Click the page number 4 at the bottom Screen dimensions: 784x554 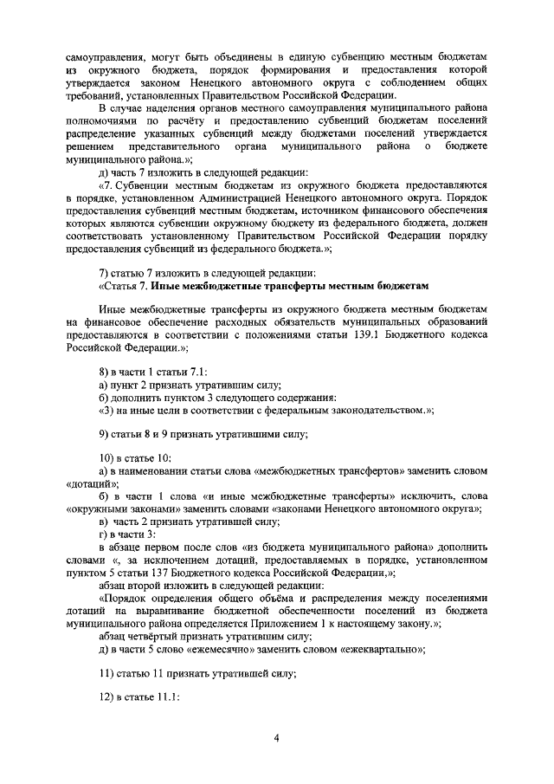click(276, 737)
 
